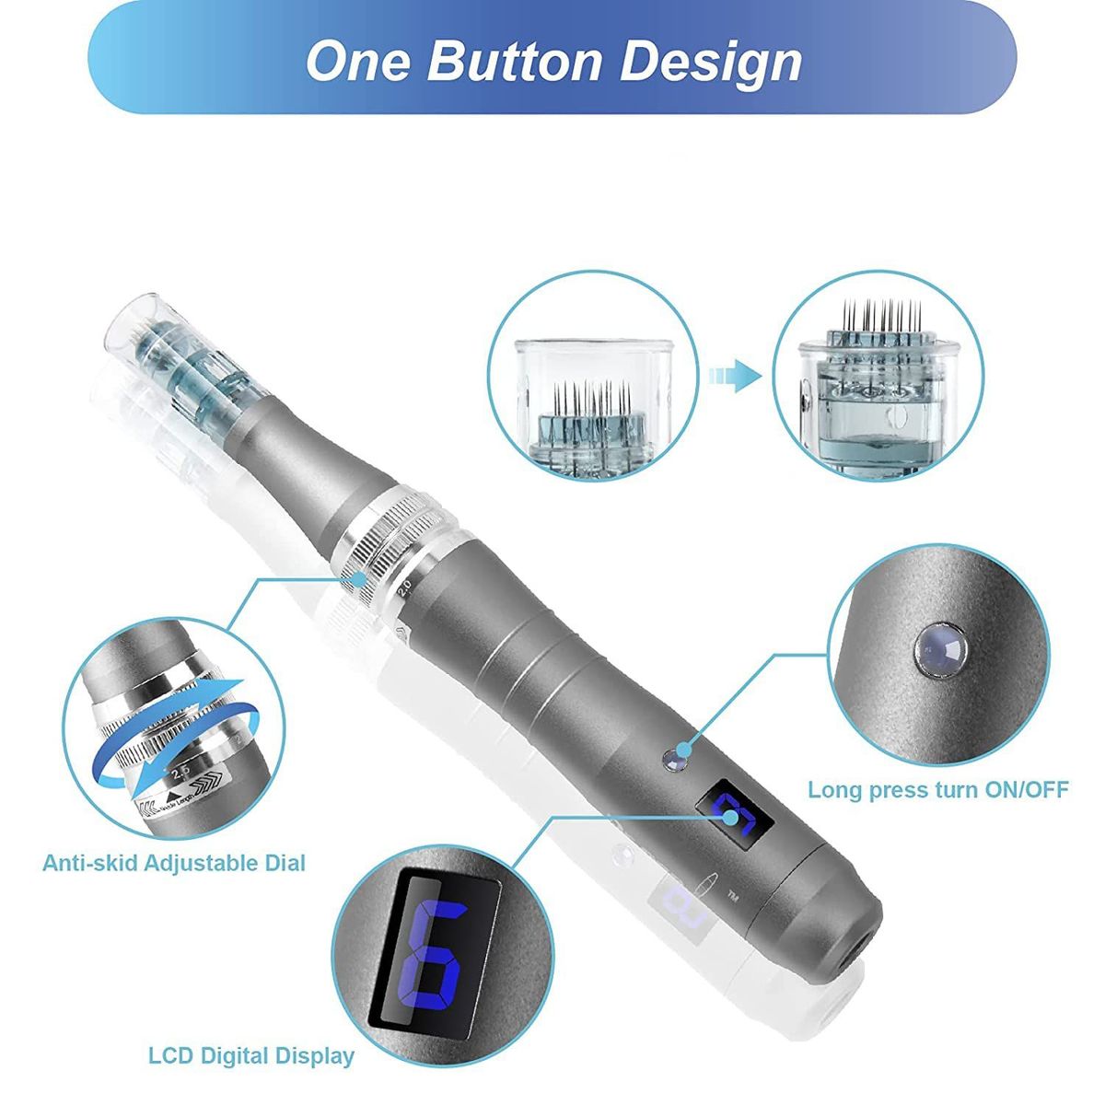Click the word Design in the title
tap(710, 61)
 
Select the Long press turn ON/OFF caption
tap(937, 789)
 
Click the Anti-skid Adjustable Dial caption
tap(174, 863)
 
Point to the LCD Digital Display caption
tap(250, 1055)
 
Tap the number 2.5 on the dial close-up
tap(180, 768)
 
